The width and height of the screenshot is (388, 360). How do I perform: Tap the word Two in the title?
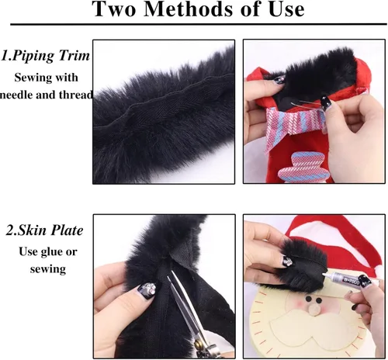[115, 9]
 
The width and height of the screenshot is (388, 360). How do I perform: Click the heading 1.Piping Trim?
[46, 56]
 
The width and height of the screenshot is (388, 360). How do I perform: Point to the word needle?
[16, 95]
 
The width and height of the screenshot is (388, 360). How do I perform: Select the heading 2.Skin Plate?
[44, 230]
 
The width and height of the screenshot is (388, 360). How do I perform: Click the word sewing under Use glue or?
[48, 268]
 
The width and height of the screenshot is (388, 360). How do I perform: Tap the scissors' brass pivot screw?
[199, 344]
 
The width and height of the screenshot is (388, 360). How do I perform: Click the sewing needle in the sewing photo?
[304, 104]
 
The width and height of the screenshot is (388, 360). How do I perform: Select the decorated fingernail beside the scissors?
[146, 291]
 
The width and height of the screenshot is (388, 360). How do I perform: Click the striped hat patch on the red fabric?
[301, 167]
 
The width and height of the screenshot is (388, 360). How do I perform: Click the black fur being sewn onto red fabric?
[318, 69]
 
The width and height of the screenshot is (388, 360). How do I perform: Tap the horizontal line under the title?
[199, 24]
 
